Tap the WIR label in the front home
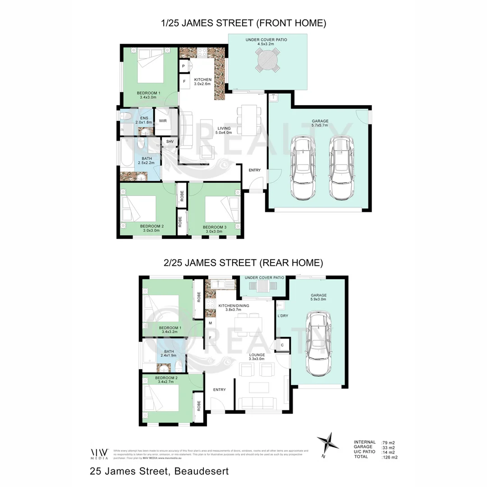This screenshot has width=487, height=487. pos(162,121)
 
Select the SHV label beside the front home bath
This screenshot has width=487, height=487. pos(170,142)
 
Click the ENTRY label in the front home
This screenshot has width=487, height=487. pos(255,170)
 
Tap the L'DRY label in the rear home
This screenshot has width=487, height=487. pos(282,316)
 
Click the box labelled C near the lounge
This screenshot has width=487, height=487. pos(282,345)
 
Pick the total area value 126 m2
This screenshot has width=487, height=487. pos(389,457)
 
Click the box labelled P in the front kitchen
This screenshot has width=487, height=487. pos(184,67)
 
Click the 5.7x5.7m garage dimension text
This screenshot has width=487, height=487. pos(320,126)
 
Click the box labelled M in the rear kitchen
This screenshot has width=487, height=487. pos(210,323)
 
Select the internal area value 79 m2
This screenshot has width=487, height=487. pos(388,443)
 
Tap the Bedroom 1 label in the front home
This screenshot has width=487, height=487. pos(148,93)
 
